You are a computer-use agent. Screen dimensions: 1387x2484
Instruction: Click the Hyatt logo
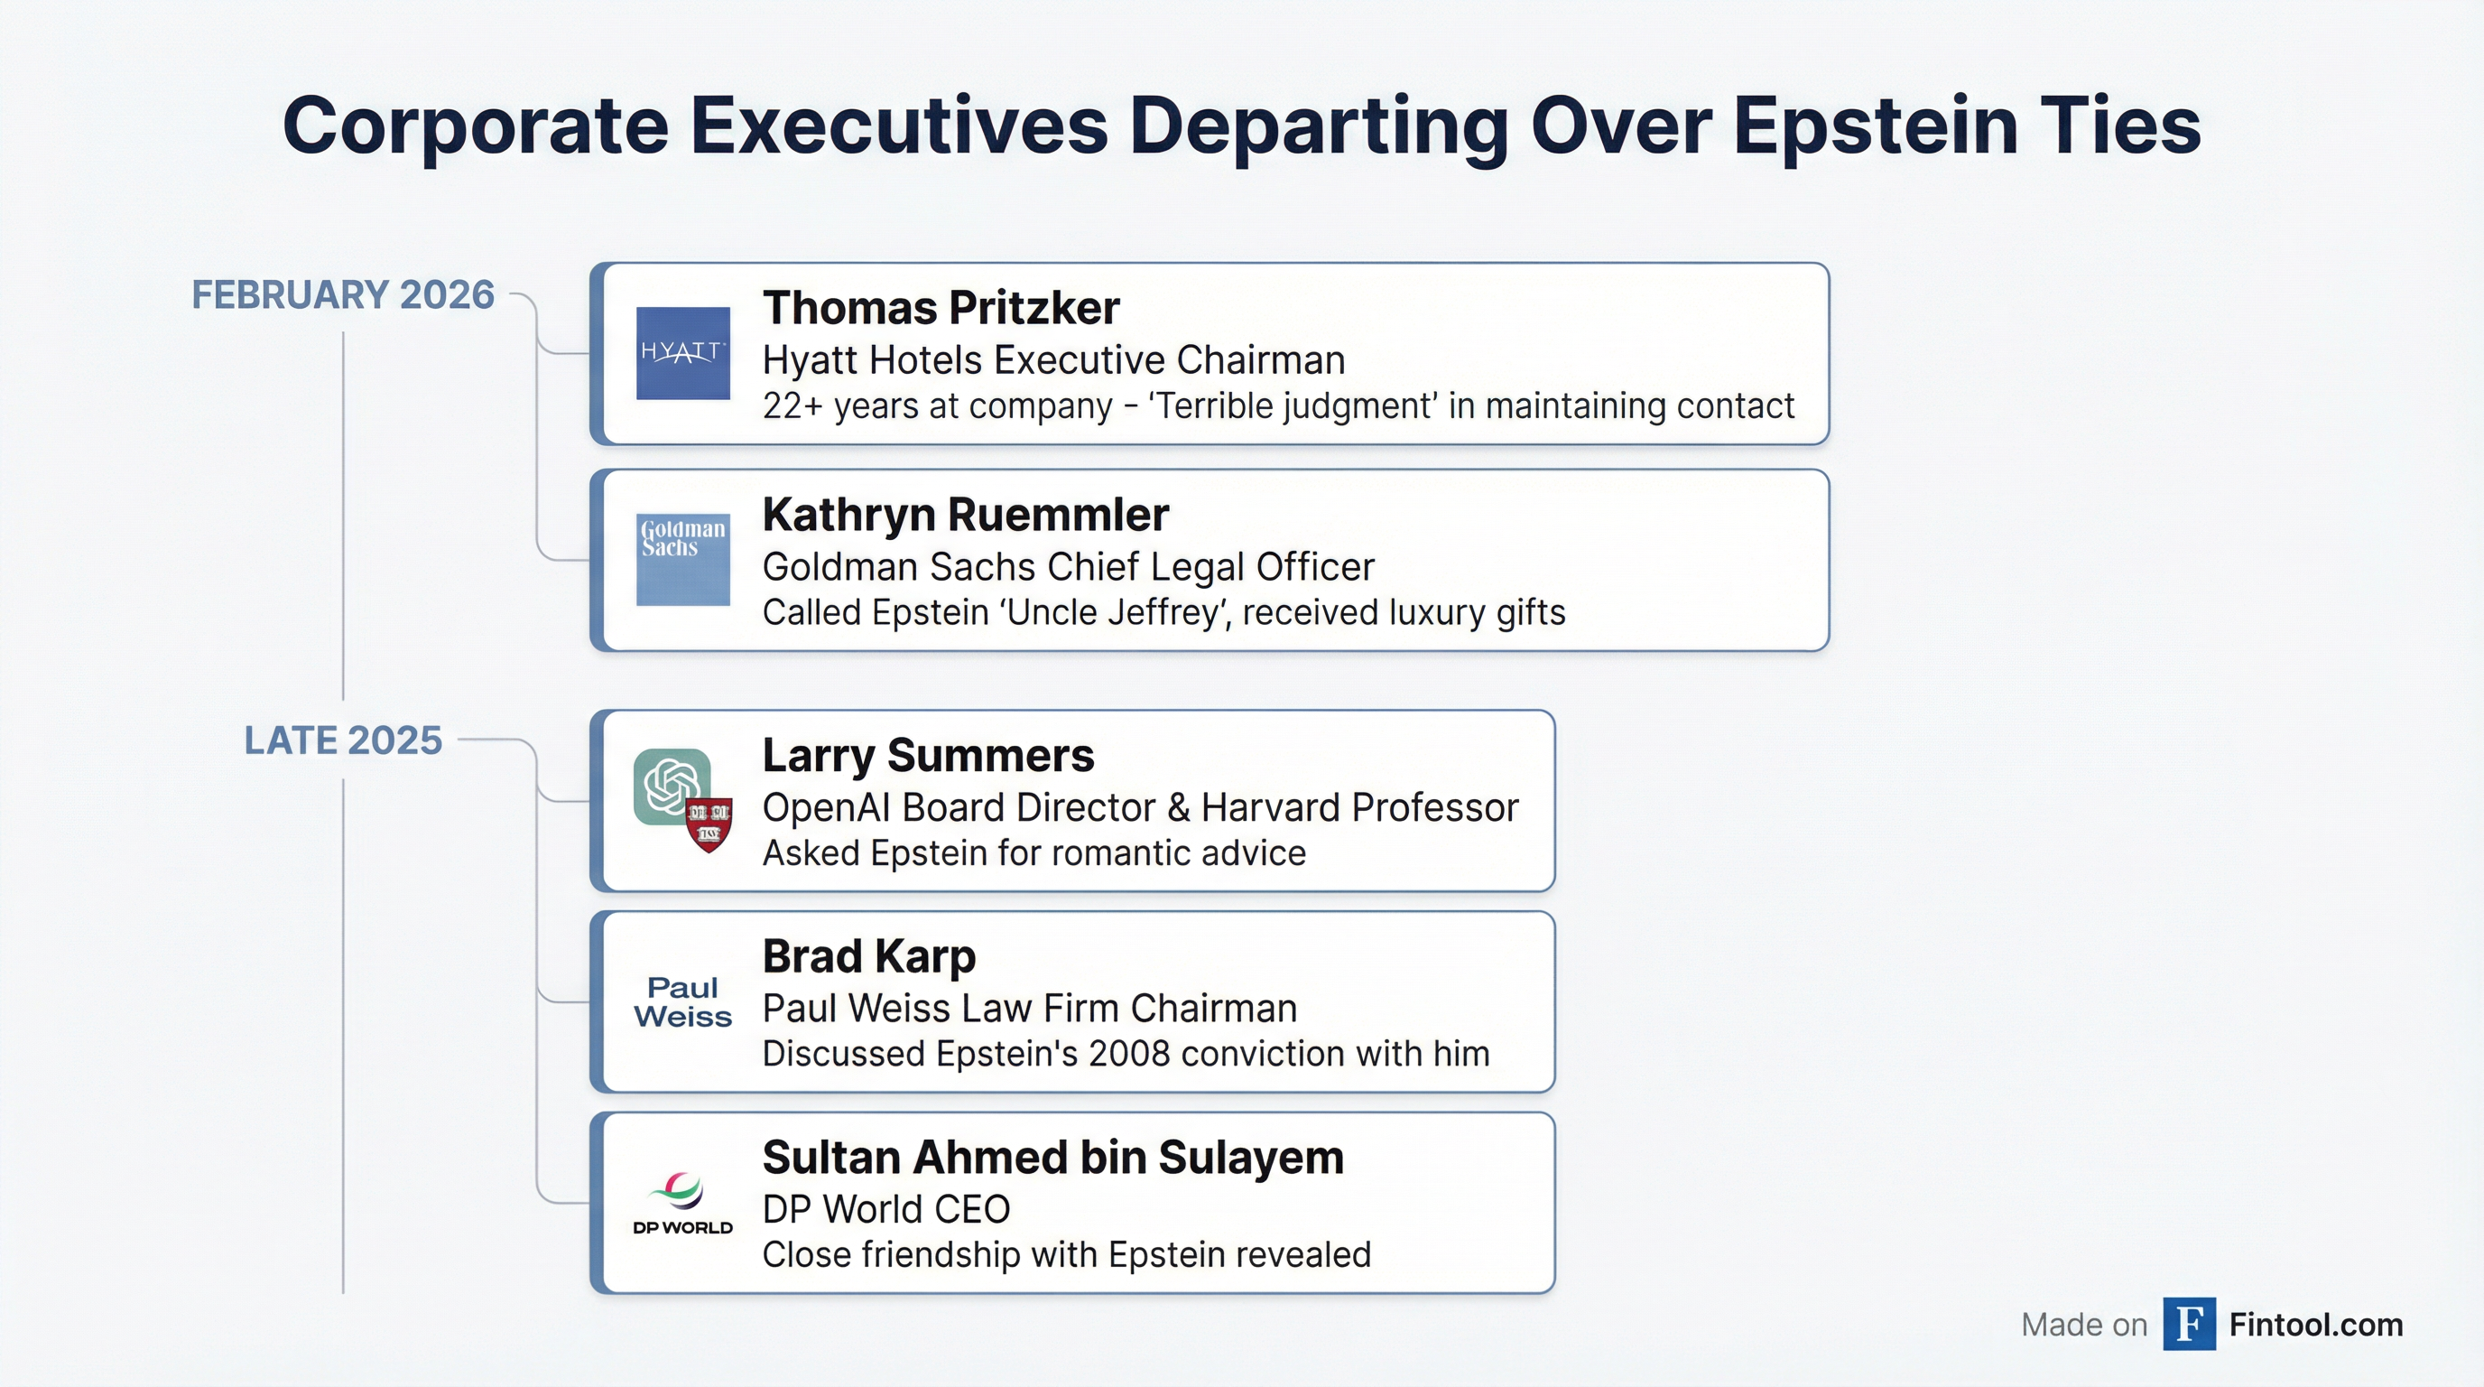click(x=682, y=353)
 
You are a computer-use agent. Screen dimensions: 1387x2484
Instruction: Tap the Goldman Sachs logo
click(x=682, y=560)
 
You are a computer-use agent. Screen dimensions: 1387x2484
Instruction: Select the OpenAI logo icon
click(x=672, y=787)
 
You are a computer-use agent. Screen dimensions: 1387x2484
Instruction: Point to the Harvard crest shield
click(x=709, y=824)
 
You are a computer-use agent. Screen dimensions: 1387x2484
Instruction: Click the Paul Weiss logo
click(x=682, y=1002)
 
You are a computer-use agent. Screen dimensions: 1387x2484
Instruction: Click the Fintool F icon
click(x=2189, y=1325)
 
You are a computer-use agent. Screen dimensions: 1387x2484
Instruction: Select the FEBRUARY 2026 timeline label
click(x=343, y=295)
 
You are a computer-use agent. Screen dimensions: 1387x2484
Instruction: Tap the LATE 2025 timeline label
click(x=343, y=740)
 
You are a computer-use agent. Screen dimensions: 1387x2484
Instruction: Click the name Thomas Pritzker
click(x=941, y=309)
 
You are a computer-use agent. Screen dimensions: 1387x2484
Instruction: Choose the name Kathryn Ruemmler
click(x=965, y=515)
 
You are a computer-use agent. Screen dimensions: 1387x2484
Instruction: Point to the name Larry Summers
click(x=929, y=755)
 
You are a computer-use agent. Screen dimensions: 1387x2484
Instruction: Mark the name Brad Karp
click(x=869, y=957)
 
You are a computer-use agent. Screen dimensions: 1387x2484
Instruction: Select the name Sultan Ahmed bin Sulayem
click(x=1053, y=1158)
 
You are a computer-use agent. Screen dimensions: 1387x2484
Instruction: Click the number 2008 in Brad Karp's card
click(x=1129, y=1054)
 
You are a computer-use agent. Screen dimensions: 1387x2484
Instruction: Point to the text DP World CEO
click(x=886, y=1209)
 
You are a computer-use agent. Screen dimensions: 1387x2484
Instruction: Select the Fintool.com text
click(x=2316, y=1326)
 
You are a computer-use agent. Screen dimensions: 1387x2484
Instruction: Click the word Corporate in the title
click(x=476, y=126)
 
